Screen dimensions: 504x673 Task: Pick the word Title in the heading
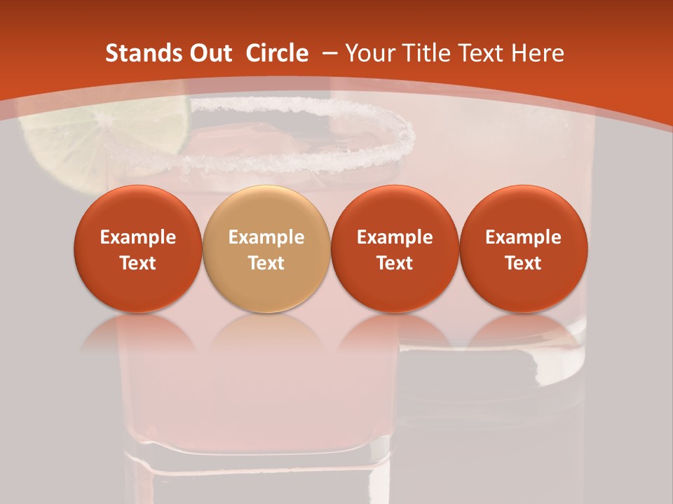(x=428, y=53)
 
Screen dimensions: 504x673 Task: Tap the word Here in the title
(x=538, y=53)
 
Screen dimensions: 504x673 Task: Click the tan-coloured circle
(x=266, y=248)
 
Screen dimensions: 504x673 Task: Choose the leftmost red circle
(x=137, y=248)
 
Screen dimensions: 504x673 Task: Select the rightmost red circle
(x=523, y=248)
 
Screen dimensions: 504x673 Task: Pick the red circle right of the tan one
(x=395, y=248)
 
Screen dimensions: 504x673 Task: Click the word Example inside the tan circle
(x=266, y=237)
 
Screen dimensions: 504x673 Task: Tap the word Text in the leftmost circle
(x=137, y=263)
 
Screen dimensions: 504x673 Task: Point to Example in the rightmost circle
(x=523, y=237)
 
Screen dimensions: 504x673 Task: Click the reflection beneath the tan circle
(x=266, y=332)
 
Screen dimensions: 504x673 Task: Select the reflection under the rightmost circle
(x=523, y=332)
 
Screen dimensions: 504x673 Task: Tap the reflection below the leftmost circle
(x=137, y=332)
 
